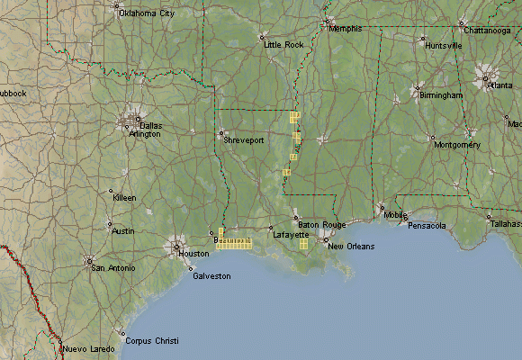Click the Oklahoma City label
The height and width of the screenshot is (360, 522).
147,13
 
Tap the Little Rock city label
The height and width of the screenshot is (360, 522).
284,44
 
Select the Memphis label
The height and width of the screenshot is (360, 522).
346,28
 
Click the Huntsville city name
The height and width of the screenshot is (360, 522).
444,45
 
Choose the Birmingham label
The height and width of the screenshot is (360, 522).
440,94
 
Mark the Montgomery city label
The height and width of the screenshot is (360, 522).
457,144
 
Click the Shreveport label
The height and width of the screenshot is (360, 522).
244,139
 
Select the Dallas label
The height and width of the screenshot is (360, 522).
150,125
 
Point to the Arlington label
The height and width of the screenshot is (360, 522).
145,134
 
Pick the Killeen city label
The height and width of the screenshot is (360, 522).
124,196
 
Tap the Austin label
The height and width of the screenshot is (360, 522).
122,230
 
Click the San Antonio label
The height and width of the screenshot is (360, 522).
112,267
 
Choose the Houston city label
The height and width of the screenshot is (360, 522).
193,253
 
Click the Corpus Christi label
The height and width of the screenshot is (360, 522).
152,341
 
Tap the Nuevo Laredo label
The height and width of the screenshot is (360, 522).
88,348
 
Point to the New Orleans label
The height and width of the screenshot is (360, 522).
348,246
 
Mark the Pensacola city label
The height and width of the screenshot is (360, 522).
427,225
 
